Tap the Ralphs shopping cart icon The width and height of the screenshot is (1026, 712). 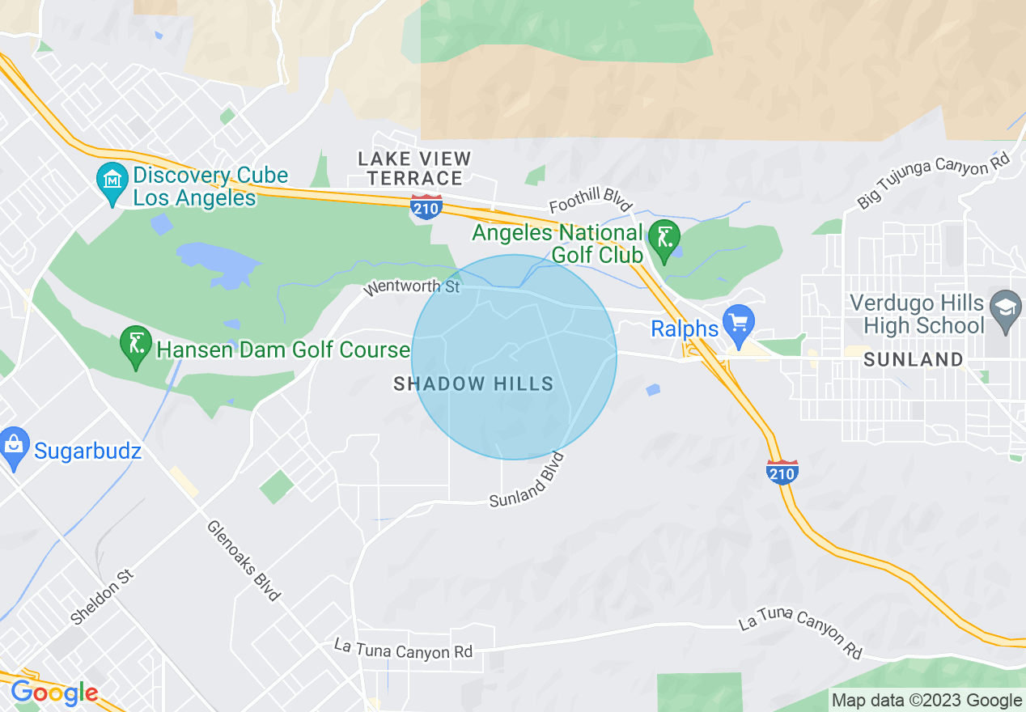pyautogui.click(x=738, y=323)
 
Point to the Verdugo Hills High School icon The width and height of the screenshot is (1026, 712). pyautogui.click(x=1006, y=308)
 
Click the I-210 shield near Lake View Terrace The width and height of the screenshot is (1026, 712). pyautogui.click(x=426, y=207)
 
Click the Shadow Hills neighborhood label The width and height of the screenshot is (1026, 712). pyautogui.click(x=473, y=384)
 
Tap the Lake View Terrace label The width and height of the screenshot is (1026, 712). pyautogui.click(x=415, y=168)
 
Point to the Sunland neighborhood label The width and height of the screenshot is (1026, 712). pyautogui.click(x=913, y=360)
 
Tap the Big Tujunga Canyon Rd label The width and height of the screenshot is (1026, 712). pyautogui.click(x=934, y=182)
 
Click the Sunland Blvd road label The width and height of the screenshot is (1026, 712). pyautogui.click(x=527, y=483)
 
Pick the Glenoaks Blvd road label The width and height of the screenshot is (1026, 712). pyautogui.click(x=244, y=559)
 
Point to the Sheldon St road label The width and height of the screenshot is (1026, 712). pyautogui.click(x=101, y=597)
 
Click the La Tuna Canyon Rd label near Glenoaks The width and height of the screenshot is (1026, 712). pyautogui.click(x=404, y=649)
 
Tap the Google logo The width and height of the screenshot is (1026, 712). pyautogui.click(x=54, y=693)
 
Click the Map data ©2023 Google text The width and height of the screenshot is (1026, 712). pyautogui.click(x=927, y=701)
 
